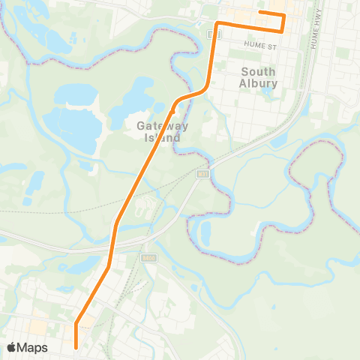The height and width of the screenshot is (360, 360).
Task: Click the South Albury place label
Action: point(259,76)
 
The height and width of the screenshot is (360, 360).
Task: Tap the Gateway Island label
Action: point(162,132)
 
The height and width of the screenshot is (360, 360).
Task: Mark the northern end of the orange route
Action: point(260,13)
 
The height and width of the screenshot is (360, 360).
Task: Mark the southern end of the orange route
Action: point(76,346)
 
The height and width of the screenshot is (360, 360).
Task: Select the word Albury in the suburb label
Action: point(259,82)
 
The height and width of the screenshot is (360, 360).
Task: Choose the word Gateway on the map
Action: point(163,126)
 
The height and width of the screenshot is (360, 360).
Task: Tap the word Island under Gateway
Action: point(162,138)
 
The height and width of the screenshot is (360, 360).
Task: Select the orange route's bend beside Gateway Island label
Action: point(176,101)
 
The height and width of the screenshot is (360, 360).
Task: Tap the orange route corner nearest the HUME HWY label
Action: point(283,31)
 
